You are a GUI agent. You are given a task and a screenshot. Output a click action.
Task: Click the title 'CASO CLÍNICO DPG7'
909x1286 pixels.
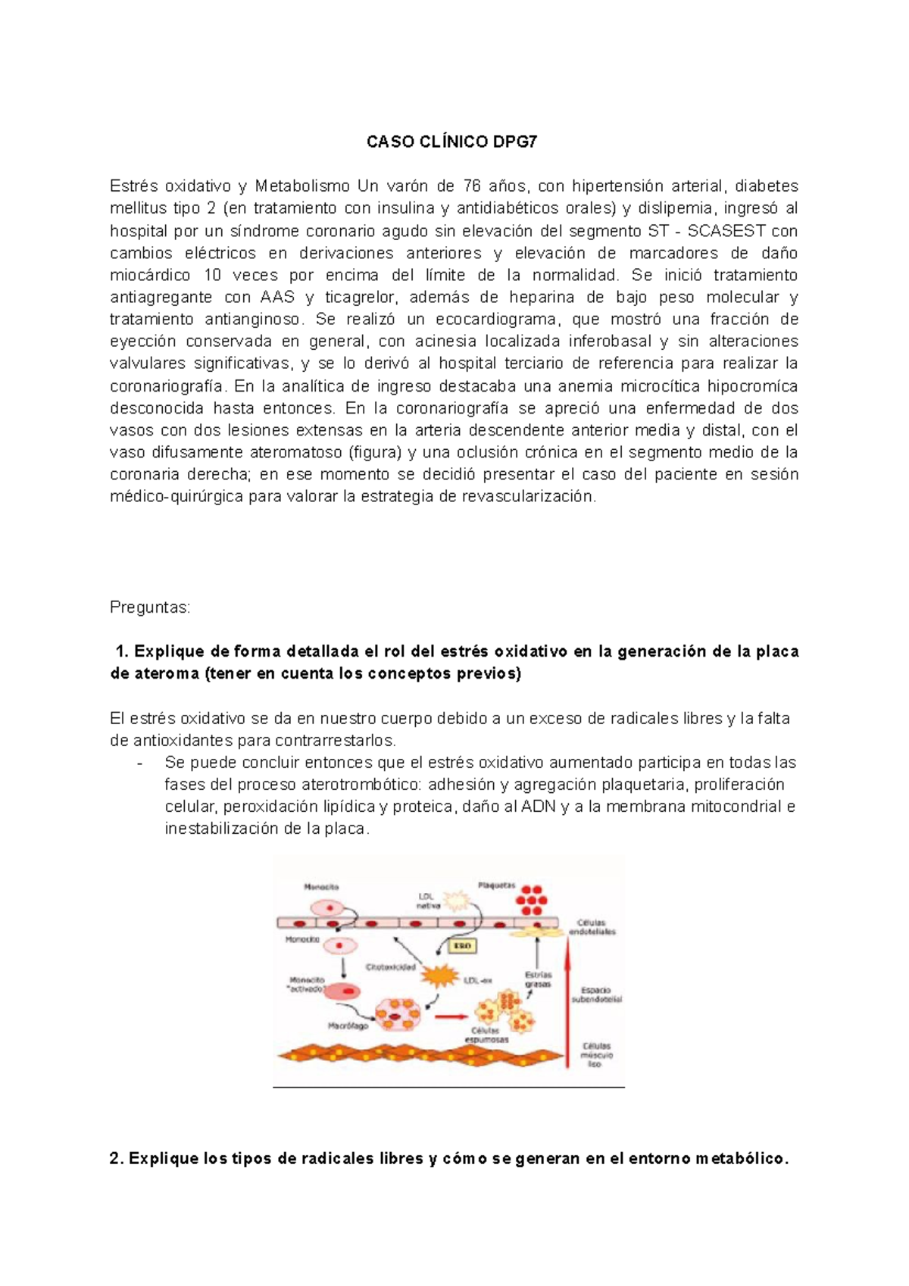(452, 142)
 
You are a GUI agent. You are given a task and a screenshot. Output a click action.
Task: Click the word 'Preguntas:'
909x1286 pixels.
(150, 607)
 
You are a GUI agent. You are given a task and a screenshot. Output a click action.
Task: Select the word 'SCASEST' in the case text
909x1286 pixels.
(728, 231)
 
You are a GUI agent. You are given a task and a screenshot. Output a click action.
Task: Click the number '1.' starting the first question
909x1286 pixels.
(122, 651)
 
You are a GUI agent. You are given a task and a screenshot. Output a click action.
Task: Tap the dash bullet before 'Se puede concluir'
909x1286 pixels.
(139, 763)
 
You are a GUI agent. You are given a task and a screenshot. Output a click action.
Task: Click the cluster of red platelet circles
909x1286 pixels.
(532, 901)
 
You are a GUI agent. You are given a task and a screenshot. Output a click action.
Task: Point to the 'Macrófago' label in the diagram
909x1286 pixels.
(348, 1026)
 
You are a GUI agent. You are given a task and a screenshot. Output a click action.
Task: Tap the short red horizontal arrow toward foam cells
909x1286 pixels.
(451, 1017)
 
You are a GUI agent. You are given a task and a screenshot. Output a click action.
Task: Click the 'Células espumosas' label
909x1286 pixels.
(489, 1035)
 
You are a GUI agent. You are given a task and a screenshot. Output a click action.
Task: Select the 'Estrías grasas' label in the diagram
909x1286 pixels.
(538, 979)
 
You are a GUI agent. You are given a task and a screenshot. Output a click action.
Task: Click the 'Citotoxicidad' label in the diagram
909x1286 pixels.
(390, 967)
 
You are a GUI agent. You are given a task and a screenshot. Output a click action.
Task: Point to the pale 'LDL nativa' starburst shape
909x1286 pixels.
(456, 901)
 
